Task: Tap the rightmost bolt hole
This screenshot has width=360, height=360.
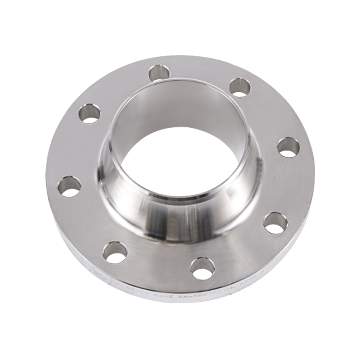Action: (288, 148)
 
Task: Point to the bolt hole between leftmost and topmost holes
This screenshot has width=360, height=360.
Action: (90, 113)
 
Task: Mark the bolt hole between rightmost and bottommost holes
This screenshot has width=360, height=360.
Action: (274, 223)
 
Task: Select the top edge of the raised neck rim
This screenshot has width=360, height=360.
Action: (180, 80)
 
